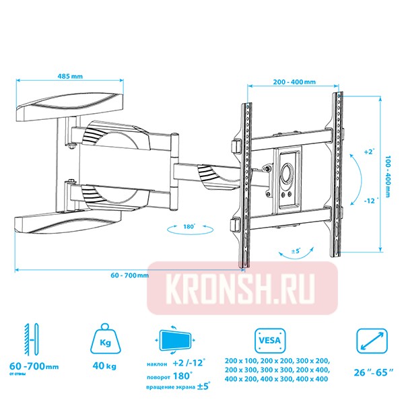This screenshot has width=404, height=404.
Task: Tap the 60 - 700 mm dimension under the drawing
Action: [x=128, y=277]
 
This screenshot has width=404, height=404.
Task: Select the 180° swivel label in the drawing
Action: [x=189, y=227]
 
